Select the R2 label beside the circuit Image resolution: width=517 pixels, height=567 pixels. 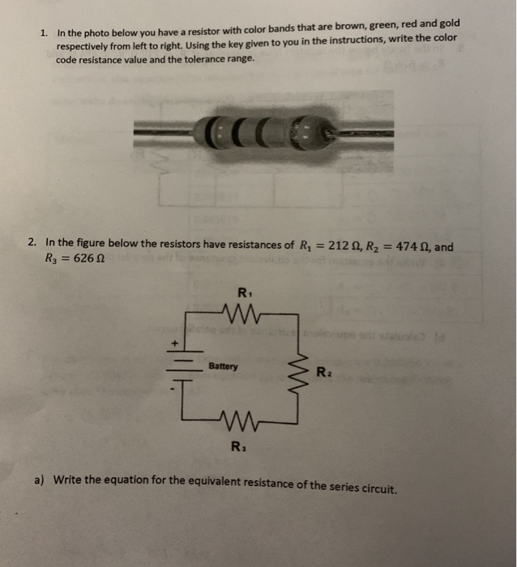point(323,373)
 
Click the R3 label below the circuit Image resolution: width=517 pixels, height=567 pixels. point(237,446)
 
